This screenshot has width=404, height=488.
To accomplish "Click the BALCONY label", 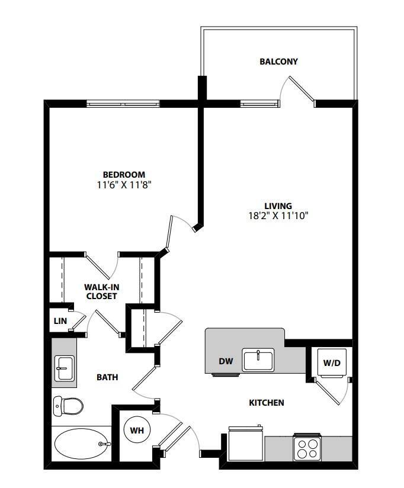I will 278,62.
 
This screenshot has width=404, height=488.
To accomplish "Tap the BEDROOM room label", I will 124,175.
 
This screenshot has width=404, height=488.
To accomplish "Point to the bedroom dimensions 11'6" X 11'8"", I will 124,185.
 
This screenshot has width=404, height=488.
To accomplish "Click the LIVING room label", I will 278,206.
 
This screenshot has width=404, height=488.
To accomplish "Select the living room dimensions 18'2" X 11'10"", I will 278,216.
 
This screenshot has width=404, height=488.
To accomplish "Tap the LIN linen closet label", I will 60,321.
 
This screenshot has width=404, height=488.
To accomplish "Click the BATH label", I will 107,377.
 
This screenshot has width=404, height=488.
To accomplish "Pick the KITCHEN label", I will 266,403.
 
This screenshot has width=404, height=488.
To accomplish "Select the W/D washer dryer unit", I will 331,362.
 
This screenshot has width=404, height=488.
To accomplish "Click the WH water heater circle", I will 136,429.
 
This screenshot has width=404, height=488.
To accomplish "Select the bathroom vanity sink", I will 63,368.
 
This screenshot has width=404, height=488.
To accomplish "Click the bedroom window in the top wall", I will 123,104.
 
